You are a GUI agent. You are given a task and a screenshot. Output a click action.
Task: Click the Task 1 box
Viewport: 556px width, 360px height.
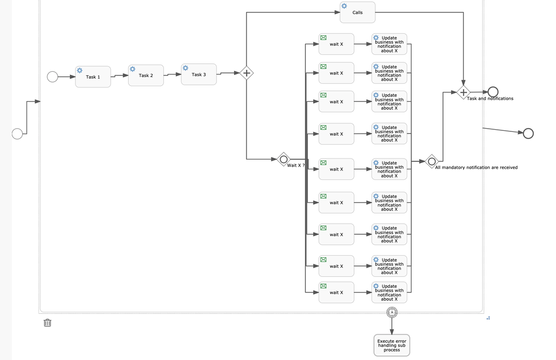pyautogui.click(x=93, y=77)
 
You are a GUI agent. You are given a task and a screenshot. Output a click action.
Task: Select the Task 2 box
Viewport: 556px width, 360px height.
pyautogui.click(x=146, y=75)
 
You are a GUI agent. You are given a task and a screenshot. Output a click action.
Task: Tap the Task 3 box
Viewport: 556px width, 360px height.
pyautogui.click(x=199, y=74)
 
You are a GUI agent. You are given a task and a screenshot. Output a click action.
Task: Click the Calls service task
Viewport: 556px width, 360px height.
pyautogui.click(x=357, y=12)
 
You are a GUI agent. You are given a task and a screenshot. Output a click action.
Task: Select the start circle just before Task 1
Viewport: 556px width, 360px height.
pyautogui.click(x=52, y=77)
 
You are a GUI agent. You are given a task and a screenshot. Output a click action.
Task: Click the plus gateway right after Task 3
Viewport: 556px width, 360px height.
pyautogui.click(x=247, y=73)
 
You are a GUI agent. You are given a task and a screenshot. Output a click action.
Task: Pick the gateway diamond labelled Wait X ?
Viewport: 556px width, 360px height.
pyautogui.click(x=283, y=159)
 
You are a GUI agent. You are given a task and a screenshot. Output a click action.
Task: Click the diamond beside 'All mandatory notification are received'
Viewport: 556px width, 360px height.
pyautogui.click(x=432, y=161)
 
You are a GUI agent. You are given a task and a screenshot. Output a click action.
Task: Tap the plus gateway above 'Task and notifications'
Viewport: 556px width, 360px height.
pyautogui.click(x=463, y=92)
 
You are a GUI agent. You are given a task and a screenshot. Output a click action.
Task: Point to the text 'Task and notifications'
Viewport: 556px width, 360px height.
pyautogui.click(x=490, y=99)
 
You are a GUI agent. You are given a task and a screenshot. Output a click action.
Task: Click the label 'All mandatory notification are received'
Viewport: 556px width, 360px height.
pyautogui.click(x=476, y=168)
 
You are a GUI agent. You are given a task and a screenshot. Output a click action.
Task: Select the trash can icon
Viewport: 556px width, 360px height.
pyautogui.click(x=47, y=323)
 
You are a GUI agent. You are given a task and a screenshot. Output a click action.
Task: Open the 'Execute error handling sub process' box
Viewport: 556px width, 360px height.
pyautogui.click(x=391, y=345)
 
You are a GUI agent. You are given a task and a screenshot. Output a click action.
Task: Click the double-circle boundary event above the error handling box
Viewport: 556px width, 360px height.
pyautogui.click(x=391, y=312)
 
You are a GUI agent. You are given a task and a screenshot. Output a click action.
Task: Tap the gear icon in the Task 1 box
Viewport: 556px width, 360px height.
pyautogui.click(x=80, y=71)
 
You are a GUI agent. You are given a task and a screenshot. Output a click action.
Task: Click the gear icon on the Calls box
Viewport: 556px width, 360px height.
pyautogui.click(x=344, y=6)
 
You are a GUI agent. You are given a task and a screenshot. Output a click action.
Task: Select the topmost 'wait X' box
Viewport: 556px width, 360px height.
pyautogui.click(x=336, y=44)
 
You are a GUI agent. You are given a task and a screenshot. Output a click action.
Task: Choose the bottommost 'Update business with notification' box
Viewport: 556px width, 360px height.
pyautogui.click(x=389, y=292)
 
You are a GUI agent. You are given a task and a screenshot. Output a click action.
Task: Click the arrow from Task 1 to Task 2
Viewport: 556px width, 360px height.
pyautogui.click(x=119, y=76)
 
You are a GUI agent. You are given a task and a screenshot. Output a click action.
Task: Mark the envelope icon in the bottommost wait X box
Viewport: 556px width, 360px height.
pyautogui.click(x=324, y=286)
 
